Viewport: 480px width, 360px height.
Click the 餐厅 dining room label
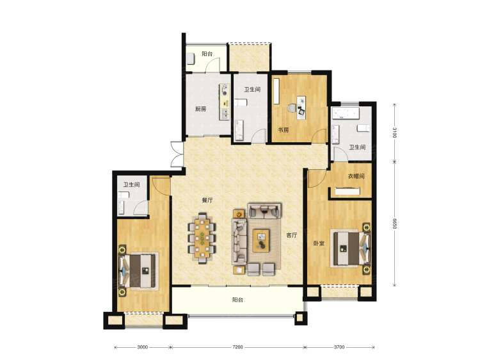[207, 200]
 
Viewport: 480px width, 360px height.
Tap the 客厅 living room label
[291, 235]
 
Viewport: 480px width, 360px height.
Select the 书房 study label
[283, 130]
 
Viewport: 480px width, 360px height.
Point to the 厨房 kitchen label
[200, 109]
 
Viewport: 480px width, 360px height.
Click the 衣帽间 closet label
[356, 176]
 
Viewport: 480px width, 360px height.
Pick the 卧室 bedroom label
[319, 243]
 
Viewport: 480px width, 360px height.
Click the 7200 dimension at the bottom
[237, 347]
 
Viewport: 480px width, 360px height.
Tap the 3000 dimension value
[142, 347]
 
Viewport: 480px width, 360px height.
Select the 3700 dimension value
[339, 347]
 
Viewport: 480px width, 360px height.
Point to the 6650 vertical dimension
[395, 224]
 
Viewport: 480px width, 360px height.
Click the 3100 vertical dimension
[395, 133]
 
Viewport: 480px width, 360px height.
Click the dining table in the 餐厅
[202, 238]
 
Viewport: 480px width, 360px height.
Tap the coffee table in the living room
[261, 241]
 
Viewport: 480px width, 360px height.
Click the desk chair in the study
[292, 108]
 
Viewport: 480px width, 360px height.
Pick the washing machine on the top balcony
[191, 58]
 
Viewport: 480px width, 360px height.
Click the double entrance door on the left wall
[177, 154]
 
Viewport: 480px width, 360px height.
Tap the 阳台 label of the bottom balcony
[237, 300]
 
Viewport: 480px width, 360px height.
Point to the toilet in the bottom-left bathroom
[124, 195]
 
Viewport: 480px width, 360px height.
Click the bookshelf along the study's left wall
[276, 92]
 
